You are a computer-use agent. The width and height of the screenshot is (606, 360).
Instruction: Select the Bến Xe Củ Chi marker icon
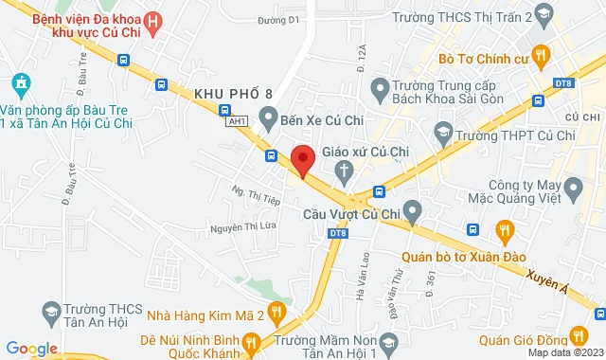pos(268,117)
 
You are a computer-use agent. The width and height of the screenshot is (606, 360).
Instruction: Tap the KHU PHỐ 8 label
pos(232,94)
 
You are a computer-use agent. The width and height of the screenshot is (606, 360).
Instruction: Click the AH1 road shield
pos(238,121)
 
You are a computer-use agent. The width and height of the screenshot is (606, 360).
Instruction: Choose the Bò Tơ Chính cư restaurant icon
pos(541,56)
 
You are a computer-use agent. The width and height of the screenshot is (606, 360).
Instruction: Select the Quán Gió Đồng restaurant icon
pos(577,334)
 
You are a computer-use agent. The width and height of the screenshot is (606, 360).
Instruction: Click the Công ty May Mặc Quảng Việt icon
pos(571,190)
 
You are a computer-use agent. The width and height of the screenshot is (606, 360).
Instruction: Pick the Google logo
pos(31,349)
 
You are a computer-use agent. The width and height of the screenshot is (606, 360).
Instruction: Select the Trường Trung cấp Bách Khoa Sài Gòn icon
pos(380,90)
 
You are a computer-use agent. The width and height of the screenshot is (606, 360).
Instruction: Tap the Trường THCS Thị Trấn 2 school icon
pos(543,14)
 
